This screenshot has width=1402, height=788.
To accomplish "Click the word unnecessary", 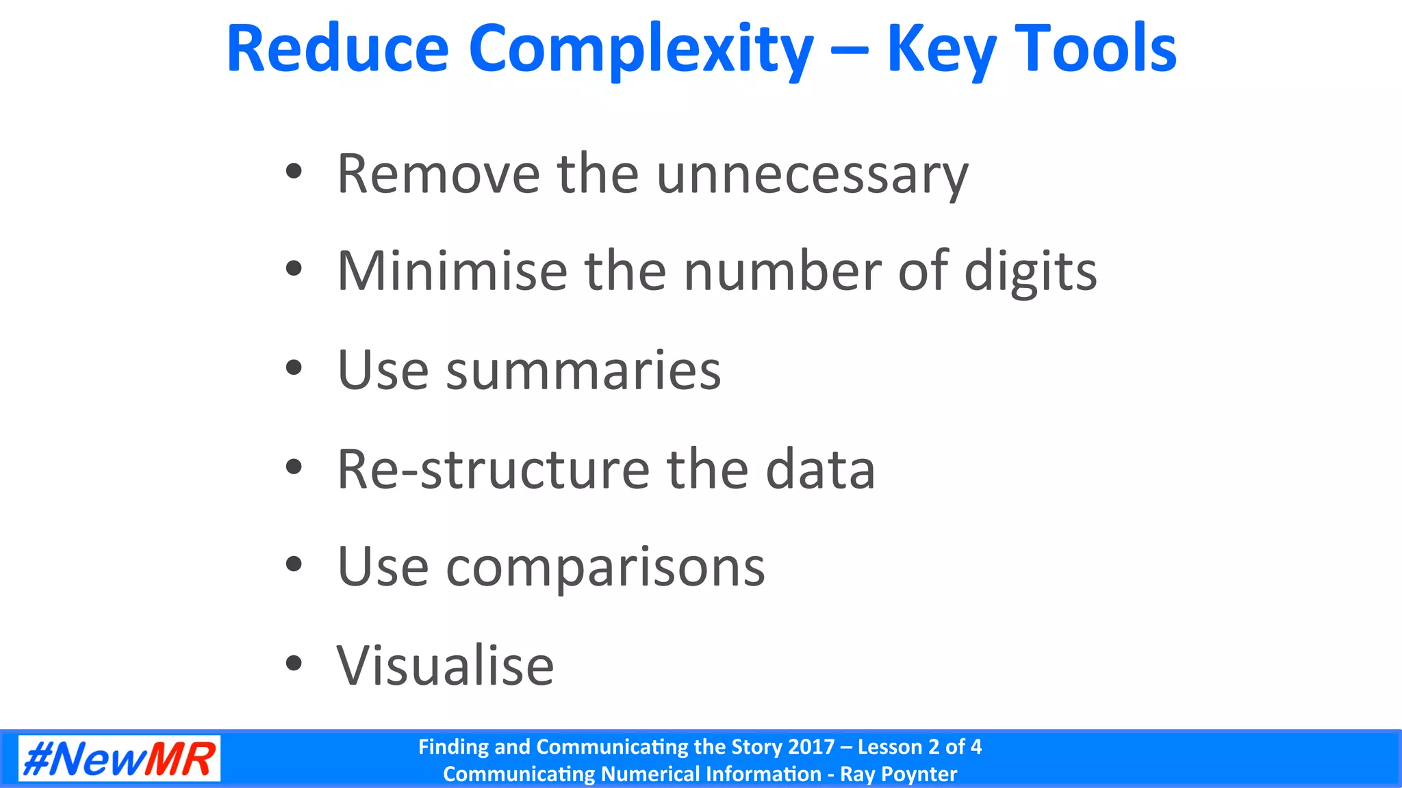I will [x=812, y=175].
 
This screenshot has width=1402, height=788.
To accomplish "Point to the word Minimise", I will [x=452, y=272].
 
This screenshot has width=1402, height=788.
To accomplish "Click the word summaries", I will [x=583, y=370].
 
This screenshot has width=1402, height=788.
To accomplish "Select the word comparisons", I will [x=605, y=568].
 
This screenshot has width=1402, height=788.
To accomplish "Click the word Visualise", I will [x=445, y=666].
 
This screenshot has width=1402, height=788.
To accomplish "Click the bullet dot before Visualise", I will [x=294, y=663].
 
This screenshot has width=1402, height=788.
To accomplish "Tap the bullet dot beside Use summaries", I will [x=294, y=368].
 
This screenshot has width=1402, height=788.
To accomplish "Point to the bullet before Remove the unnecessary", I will [x=294, y=172].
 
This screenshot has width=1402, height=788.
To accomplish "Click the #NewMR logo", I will [x=119, y=759].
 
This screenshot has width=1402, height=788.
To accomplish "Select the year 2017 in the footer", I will [x=811, y=746].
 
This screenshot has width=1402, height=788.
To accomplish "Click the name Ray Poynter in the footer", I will [x=898, y=774].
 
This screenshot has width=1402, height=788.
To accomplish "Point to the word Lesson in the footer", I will [x=890, y=746].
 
